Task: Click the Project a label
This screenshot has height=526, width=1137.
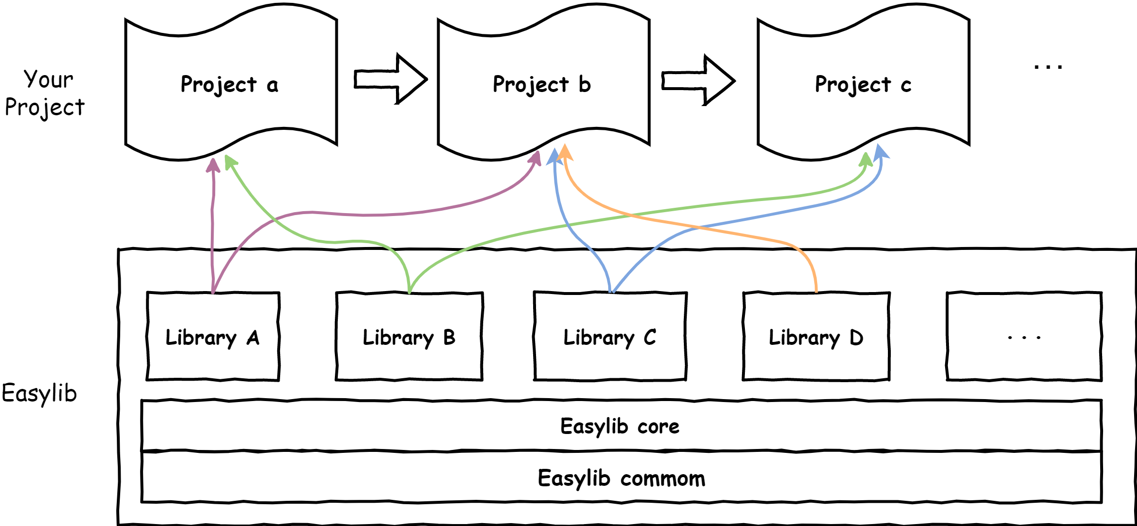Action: click(x=229, y=85)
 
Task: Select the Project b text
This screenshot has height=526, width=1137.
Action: click(x=542, y=85)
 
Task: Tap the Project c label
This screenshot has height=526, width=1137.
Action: click(x=863, y=85)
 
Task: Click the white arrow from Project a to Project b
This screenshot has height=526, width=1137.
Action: click(x=390, y=79)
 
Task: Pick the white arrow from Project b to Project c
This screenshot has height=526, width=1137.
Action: click(x=697, y=80)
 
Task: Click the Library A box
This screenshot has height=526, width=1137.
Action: click(x=213, y=337)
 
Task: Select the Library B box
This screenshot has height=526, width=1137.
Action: click(x=409, y=337)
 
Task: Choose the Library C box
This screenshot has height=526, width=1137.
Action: click(x=610, y=337)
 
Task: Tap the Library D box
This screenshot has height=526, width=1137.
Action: click(x=816, y=337)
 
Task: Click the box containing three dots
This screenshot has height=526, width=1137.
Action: click(x=1024, y=337)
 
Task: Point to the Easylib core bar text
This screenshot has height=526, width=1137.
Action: click(x=620, y=426)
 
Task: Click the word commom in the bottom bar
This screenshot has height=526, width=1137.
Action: click(x=663, y=479)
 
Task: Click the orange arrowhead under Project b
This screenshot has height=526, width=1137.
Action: click(x=565, y=153)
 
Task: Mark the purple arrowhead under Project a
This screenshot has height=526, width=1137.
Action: click(x=213, y=166)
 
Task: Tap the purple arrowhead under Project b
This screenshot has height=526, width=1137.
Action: click(x=535, y=158)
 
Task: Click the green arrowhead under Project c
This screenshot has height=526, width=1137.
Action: click(x=866, y=159)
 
